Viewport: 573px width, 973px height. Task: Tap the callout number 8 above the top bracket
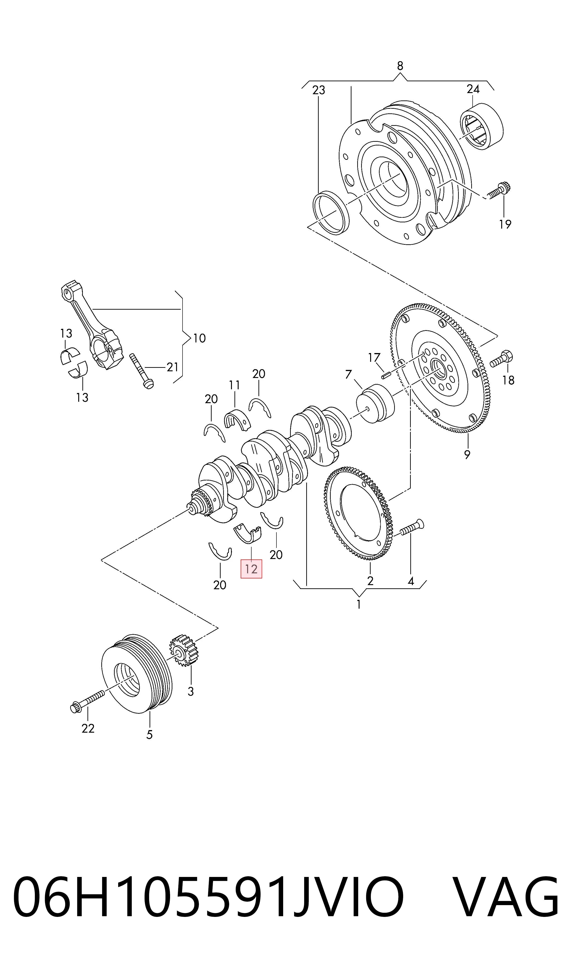(400, 66)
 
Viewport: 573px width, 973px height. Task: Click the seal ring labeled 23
(331, 212)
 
